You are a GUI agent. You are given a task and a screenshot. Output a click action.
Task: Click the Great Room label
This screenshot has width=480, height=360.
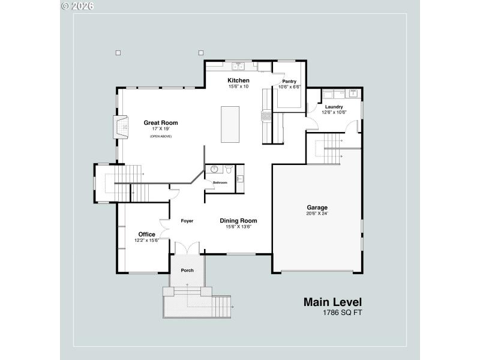161,123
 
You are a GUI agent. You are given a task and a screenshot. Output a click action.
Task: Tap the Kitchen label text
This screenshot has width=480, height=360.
238,80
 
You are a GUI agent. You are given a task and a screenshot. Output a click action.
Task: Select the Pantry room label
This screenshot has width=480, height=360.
289,81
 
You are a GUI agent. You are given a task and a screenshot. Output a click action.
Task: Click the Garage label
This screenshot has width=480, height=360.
317,208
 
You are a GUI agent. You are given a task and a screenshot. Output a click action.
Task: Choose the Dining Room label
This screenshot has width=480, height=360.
238,220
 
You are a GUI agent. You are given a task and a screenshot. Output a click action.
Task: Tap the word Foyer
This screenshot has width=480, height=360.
187,221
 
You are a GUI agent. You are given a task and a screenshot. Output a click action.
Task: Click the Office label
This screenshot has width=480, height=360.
146,235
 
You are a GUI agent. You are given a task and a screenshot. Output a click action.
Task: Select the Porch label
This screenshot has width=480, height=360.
187,270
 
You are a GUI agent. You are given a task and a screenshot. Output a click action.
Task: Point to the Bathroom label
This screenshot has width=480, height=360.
220,182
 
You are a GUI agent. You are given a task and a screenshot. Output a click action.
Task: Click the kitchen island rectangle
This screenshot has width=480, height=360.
230,124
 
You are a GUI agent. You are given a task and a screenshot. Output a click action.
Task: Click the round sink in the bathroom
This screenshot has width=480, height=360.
214,169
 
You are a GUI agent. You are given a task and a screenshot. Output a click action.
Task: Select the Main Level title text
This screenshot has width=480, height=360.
332,302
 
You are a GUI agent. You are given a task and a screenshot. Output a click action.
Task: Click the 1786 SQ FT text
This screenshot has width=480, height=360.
343,313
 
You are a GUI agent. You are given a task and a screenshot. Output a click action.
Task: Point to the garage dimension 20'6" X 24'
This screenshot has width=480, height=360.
317,214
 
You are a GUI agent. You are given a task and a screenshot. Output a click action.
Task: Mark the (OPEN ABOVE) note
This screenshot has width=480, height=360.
161,137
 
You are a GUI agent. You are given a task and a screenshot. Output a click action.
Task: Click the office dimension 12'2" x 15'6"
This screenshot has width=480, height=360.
146,241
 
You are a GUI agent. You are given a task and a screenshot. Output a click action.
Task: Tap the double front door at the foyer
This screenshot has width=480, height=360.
187,248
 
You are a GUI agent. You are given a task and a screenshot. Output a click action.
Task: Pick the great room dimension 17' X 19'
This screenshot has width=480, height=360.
161,129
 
